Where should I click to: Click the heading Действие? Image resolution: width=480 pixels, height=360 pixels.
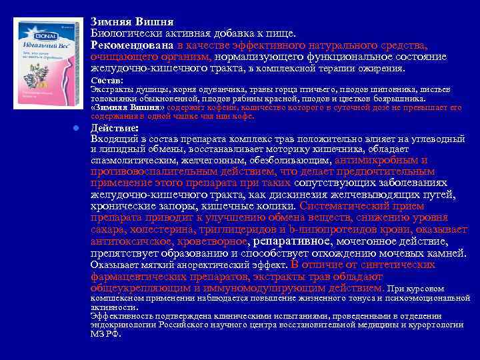point(115,127)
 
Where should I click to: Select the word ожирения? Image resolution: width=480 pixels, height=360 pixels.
point(381,68)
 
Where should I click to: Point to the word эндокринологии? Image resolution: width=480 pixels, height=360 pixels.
point(124,325)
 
